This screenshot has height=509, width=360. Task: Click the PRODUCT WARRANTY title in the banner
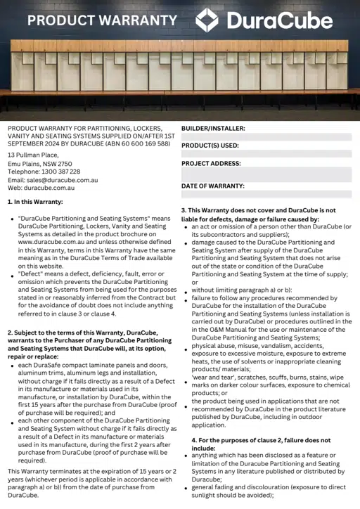[102, 20]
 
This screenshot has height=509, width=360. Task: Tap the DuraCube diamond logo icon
[207, 20]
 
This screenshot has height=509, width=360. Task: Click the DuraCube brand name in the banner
[279, 20]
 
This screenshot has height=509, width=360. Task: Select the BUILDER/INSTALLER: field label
[213, 129]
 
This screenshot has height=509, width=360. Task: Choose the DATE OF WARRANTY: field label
[213, 186]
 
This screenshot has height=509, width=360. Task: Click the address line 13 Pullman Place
[33, 155]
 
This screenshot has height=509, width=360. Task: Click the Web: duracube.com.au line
[41, 188]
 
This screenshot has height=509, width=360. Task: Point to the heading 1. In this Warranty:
[35, 202]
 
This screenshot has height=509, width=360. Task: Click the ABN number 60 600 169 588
[139, 143]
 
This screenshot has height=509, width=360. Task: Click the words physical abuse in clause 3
[213, 346]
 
